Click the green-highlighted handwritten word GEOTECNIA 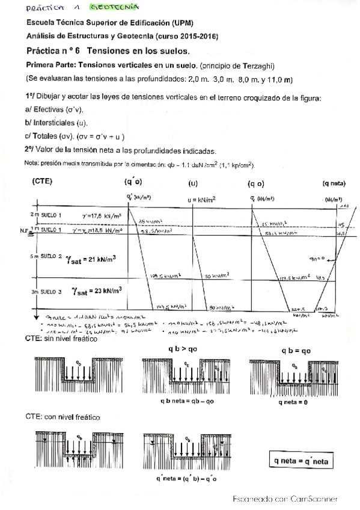(x=114, y=8)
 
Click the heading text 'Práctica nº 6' (x=54, y=51)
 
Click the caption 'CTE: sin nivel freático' (x=61, y=339)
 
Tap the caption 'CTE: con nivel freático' (x=63, y=416)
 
